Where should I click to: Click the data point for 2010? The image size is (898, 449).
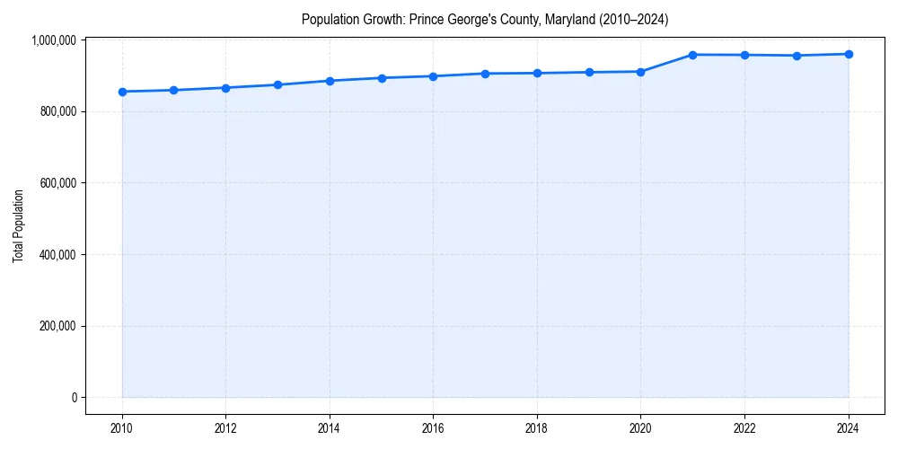(122, 92)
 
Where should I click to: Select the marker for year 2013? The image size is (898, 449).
(277, 84)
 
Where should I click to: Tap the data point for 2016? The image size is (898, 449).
(433, 76)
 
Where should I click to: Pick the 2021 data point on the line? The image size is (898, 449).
(692, 55)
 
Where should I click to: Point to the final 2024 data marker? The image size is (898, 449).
(849, 54)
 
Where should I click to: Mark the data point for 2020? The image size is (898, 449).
(641, 72)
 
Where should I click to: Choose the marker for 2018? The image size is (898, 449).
(537, 73)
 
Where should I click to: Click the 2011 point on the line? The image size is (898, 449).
(173, 90)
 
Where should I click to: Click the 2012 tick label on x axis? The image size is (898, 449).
(225, 428)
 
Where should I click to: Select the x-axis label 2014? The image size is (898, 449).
(330, 428)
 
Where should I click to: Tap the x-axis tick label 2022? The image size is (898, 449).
(744, 428)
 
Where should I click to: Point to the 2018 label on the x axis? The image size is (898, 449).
(537, 428)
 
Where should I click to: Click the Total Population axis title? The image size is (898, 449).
(18, 225)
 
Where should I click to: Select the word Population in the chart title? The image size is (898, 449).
(328, 19)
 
